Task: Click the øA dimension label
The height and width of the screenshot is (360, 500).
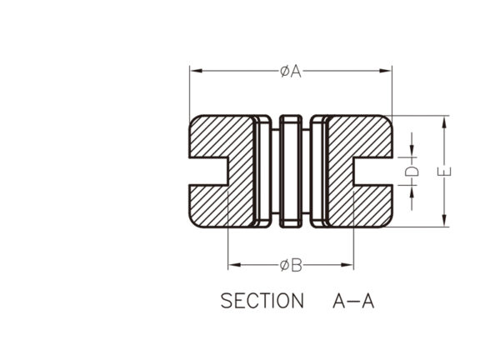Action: [291, 71]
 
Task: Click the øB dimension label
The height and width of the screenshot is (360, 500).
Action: [291, 265]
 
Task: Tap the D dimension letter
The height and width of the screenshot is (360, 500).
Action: [412, 171]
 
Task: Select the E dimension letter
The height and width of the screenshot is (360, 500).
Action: [444, 172]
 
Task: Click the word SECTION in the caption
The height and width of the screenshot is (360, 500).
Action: [262, 301]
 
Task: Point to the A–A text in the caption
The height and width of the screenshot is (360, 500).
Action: [353, 301]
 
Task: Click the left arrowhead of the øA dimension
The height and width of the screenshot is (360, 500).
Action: [196, 71]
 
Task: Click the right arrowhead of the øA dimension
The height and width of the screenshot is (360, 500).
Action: [386, 71]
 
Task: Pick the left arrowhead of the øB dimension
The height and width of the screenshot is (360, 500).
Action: [234, 265]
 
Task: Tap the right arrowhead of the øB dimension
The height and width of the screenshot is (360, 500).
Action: [347, 265]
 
